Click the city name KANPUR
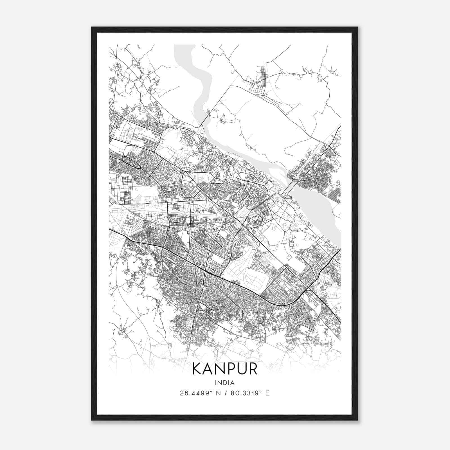(225, 369)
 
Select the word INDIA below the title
(225, 382)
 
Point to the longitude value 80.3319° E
(250, 393)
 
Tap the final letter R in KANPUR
(253, 369)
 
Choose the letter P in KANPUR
(230, 369)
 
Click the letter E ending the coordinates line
(267, 393)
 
